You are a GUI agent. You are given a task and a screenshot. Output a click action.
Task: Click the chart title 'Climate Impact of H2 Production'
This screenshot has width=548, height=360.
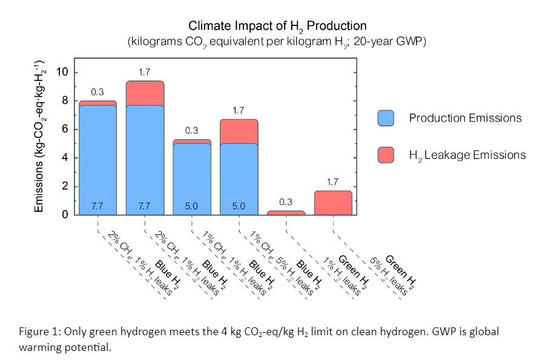point(277,26)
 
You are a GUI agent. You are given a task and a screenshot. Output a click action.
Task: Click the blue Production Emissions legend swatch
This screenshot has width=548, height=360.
point(386,119)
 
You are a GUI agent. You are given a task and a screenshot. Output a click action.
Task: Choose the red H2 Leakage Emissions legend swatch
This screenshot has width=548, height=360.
point(386,155)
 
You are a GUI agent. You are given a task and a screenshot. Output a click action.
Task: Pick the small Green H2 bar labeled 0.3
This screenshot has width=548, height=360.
point(286,213)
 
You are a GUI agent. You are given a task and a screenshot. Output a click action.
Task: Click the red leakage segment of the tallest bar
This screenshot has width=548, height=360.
point(145,93)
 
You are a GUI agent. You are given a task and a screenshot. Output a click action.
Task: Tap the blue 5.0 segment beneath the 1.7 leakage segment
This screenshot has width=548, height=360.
point(239,175)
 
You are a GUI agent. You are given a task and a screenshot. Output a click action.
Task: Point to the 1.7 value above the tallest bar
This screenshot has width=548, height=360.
point(145,73)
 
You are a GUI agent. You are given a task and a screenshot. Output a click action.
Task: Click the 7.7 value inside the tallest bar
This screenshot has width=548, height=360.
point(145,206)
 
